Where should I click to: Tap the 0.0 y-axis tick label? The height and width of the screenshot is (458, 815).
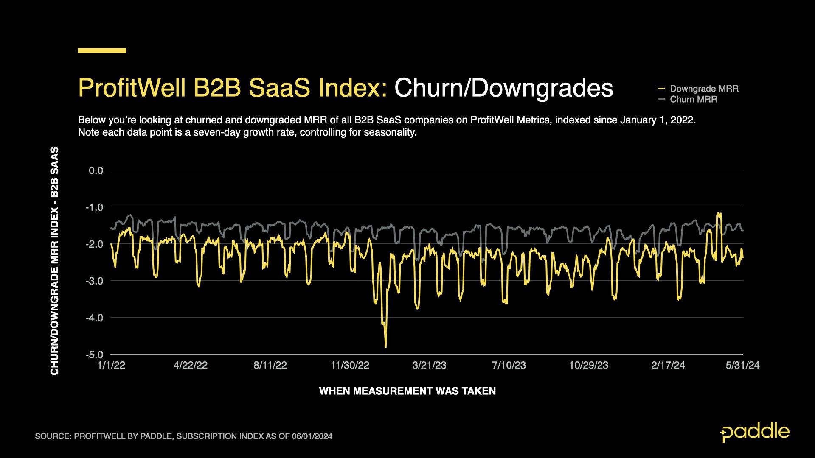click(x=96, y=170)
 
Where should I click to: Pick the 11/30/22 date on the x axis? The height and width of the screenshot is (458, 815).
click(x=350, y=365)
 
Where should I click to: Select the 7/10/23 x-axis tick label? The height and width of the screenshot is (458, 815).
click(x=509, y=365)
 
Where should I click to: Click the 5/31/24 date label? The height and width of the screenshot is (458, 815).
click(x=742, y=365)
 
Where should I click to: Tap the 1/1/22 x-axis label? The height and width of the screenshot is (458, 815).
click(x=111, y=365)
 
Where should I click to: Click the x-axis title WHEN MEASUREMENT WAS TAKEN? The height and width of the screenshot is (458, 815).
click(x=407, y=391)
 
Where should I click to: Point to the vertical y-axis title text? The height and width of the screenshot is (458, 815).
click(x=55, y=261)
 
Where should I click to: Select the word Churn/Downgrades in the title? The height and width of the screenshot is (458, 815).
click(x=503, y=88)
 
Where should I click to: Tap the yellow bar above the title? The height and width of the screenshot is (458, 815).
click(x=102, y=51)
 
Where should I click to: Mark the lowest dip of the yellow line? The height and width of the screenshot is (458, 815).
click(x=385, y=347)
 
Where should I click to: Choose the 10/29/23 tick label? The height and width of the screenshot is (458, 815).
click(x=588, y=365)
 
